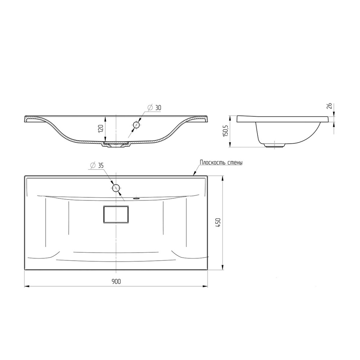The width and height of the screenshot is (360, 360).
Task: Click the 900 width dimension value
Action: [116, 282]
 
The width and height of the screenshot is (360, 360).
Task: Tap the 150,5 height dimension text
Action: [226, 131]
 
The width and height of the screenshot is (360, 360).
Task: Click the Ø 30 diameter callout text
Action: [154, 108]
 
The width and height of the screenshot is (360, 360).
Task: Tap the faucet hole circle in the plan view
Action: [116, 188]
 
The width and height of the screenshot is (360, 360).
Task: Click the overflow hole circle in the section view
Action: [136, 125]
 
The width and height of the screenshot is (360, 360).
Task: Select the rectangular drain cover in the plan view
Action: [116, 215]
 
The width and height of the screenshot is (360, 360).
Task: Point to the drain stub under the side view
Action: [275, 145]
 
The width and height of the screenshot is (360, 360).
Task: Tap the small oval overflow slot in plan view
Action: [137, 198]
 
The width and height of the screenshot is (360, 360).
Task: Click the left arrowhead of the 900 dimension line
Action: [26, 287]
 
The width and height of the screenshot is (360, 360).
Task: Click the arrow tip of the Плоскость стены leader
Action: [194, 175]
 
